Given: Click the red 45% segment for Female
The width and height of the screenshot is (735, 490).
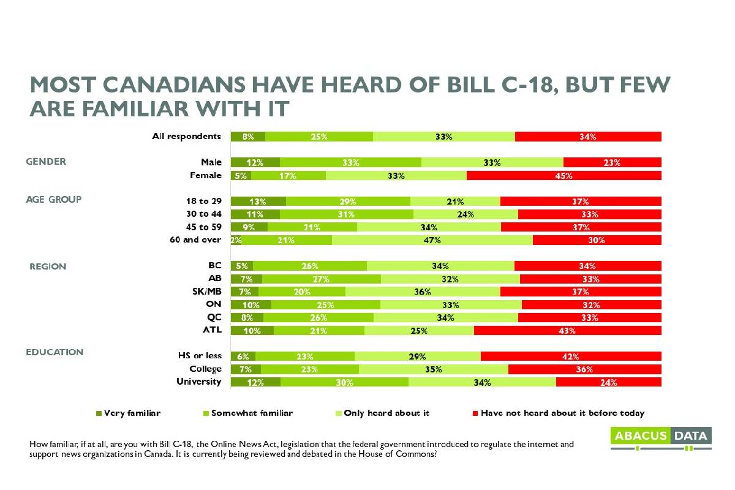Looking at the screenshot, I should coord(563,176).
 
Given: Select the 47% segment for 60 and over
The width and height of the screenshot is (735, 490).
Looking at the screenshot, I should coord(432,240).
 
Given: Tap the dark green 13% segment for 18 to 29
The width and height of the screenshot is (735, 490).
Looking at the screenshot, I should coord(258,202).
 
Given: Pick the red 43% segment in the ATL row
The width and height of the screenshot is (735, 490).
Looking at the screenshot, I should coord(567,331).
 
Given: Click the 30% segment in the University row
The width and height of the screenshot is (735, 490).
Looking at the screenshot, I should coord(344,382).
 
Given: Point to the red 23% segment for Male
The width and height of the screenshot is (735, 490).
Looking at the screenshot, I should coord(612,163).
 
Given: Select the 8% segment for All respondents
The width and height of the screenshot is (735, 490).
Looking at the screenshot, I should coord(248,137).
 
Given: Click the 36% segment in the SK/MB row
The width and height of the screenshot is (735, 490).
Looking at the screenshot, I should coord(423,292).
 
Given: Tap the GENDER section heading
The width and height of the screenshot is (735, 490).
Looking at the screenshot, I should coord(46,162).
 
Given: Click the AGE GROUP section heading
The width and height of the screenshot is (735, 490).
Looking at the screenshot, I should coord(53,200).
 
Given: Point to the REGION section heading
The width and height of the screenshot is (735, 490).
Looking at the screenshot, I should coord(48,267).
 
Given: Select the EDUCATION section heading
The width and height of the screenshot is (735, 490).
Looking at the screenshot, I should coord(54,353).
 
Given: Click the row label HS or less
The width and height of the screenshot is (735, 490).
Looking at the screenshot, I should coord(198,356).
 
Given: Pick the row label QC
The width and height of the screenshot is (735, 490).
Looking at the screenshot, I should coord(213,317).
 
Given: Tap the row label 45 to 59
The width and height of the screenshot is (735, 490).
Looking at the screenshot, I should coord(203,227).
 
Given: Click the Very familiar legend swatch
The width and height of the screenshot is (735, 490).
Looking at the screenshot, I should coord(99,413).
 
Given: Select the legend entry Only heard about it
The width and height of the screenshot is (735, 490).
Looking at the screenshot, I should coord(386,413).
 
